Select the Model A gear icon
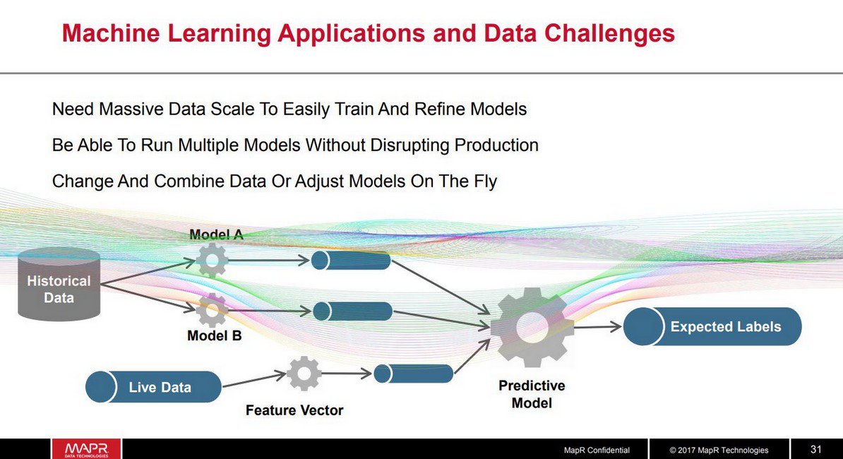pyautogui.click(x=211, y=260)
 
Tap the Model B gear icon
pyautogui.click(x=211, y=310)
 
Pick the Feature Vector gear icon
pyautogui.click(x=304, y=374)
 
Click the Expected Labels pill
pyautogui.click(x=712, y=327)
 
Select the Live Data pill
pyautogui.click(x=153, y=387)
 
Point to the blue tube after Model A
pyautogui.click(x=351, y=261)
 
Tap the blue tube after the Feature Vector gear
pyautogui.click(x=413, y=374)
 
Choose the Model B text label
pyautogui.click(x=214, y=336)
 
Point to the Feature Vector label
pyautogui.click(x=294, y=410)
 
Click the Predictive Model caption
pyautogui.click(x=532, y=395)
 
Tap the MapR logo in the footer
pyautogui.click(x=85, y=449)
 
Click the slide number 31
pyautogui.click(x=816, y=449)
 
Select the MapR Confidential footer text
pyautogui.click(x=596, y=450)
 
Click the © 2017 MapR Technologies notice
pyautogui.click(x=719, y=450)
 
